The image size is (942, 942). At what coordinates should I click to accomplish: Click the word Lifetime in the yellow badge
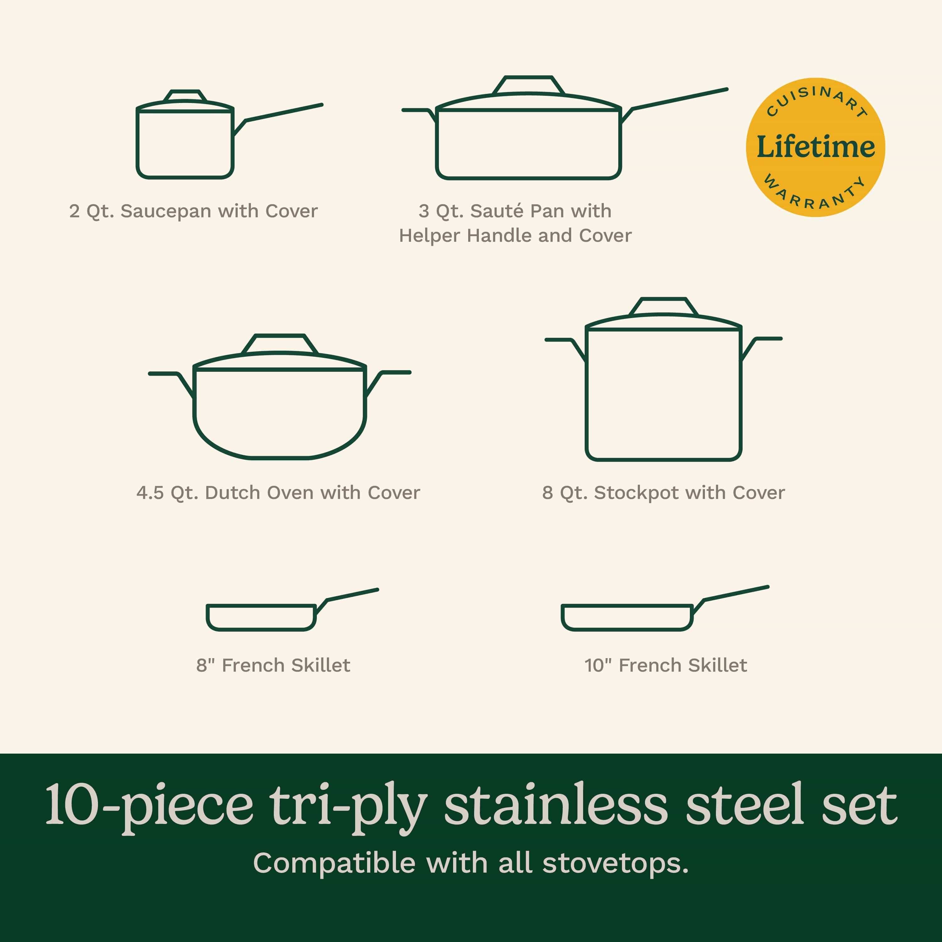(x=816, y=147)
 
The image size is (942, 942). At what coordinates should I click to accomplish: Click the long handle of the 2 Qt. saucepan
(x=283, y=113)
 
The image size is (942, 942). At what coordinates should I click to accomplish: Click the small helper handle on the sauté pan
(x=417, y=112)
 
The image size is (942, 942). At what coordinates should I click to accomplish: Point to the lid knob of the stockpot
(x=663, y=306)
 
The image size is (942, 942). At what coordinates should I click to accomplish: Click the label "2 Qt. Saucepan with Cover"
(x=193, y=211)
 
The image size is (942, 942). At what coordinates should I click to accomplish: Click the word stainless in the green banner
(x=555, y=805)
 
